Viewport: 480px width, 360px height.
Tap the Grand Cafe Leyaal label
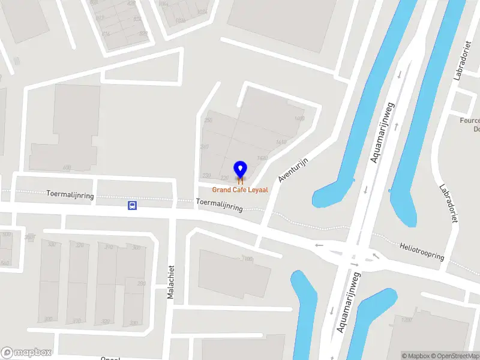pyautogui.click(x=240, y=190)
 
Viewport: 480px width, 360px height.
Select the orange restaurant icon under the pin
pyautogui.click(x=240, y=181)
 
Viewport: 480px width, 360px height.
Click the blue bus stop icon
pyautogui.click(x=132, y=205)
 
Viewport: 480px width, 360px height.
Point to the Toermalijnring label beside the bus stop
pyautogui.click(x=70, y=194)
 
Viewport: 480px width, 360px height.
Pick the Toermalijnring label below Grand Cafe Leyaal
pyautogui.click(x=219, y=205)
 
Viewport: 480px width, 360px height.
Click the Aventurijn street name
pyautogui.click(x=293, y=170)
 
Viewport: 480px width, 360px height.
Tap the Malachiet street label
pyautogui.click(x=170, y=282)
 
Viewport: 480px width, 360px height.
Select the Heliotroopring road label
pyautogui.click(x=422, y=252)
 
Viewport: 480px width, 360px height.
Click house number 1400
pyautogui.click(x=299, y=119)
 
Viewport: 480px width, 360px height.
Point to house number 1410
pyautogui.click(x=281, y=142)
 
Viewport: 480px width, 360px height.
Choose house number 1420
pyautogui.click(x=262, y=158)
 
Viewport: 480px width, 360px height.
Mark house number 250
pyautogui.click(x=208, y=121)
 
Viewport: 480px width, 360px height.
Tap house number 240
pyautogui.click(x=205, y=147)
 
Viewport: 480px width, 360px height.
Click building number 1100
pyautogui.click(x=247, y=259)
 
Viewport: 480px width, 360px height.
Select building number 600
pyautogui.click(x=67, y=167)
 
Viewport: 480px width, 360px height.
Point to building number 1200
pyautogui.click(x=406, y=320)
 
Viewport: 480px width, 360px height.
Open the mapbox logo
pyautogui.click(x=26, y=352)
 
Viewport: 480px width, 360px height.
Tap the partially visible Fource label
pyautogui.click(x=469, y=120)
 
